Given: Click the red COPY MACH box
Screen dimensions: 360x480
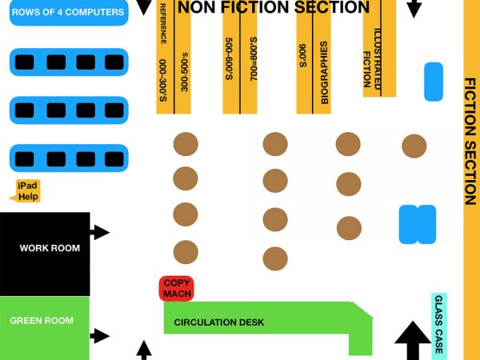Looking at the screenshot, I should point(177,289).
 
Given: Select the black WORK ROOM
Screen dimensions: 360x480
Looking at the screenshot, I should point(45,248).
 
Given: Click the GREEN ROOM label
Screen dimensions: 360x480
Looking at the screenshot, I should point(42,321).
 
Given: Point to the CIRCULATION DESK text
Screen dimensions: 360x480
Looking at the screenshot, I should point(219,323).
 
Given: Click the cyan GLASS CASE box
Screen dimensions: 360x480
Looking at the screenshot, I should point(438,326).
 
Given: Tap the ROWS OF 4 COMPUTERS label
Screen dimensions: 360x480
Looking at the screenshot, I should point(68,12).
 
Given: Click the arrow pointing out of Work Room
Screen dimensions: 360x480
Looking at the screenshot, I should point(101,233).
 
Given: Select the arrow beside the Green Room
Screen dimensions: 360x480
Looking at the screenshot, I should point(100,336).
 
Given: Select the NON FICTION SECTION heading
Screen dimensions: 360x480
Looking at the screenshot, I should point(274,8).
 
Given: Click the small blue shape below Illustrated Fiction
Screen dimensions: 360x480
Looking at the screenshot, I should point(433,82).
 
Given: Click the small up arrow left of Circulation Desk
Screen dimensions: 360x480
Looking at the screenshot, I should point(144,350).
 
